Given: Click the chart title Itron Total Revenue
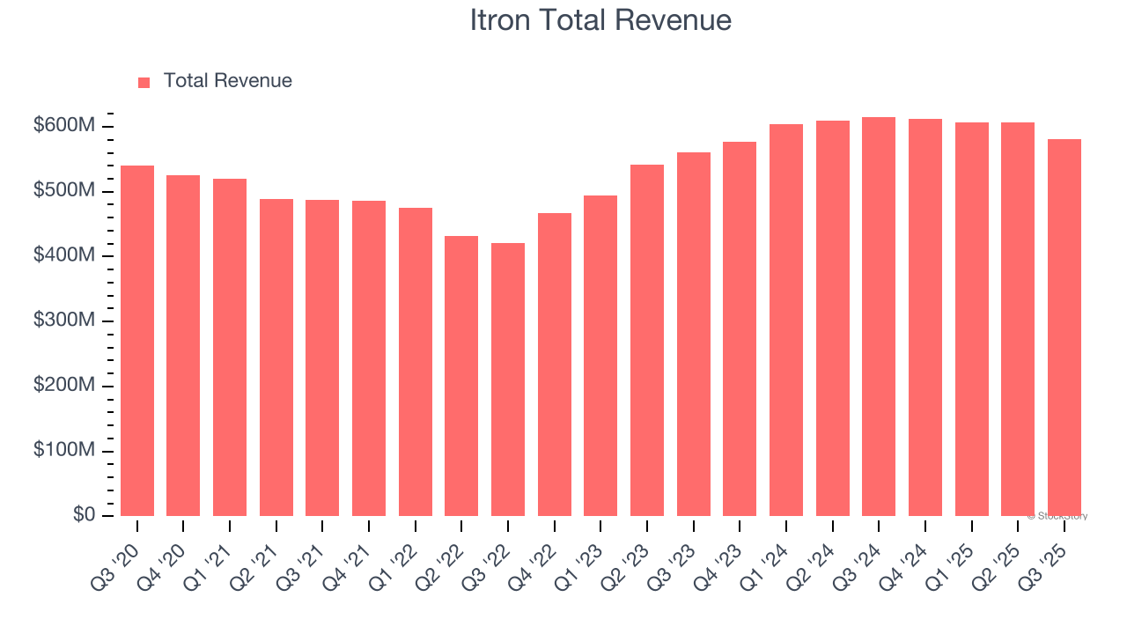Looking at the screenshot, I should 600,20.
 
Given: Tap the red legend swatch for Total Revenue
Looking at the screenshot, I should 144,82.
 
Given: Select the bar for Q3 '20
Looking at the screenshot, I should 137,341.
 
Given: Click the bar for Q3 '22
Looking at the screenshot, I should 508,380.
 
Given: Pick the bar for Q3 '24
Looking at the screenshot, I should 879,317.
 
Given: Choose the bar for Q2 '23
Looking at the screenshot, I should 647,340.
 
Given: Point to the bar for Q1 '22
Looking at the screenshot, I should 416,362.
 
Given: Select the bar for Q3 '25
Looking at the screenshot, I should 1064,328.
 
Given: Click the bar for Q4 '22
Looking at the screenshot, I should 555,365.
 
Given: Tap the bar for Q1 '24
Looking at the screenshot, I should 786,321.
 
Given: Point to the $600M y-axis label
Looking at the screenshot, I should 63,127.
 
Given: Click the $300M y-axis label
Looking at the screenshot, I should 63,321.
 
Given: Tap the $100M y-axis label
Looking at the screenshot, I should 63,451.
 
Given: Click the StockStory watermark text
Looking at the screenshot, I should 1057,516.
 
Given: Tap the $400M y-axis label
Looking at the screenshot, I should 63,256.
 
